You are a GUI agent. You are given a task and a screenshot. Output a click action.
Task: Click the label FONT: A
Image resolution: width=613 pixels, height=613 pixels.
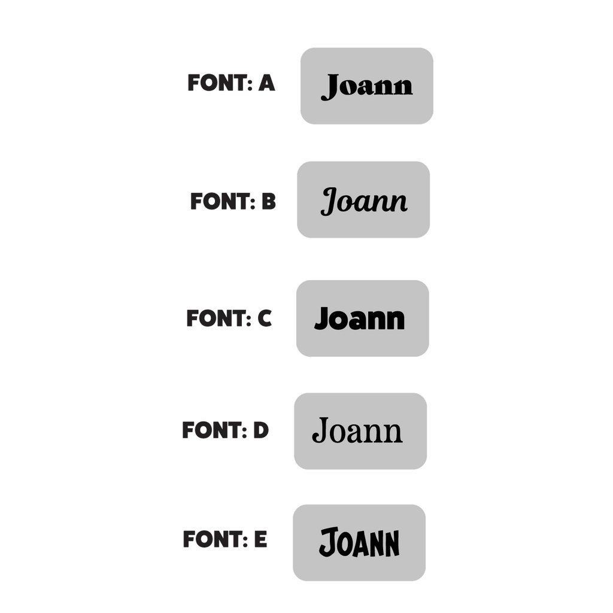click(x=231, y=83)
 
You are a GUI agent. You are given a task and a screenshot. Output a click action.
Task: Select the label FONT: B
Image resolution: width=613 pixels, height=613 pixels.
click(x=233, y=201)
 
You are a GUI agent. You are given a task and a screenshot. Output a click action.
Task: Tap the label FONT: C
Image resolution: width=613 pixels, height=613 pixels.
click(x=229, y=318)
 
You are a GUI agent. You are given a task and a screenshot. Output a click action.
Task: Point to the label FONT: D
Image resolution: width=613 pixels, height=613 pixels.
click(x=225, y=430)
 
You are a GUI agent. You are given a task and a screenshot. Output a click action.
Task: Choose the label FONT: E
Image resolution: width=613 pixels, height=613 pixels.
click(x=225, y=539)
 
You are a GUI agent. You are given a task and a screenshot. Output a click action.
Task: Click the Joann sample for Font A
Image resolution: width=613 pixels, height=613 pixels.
click(x=367, y=87)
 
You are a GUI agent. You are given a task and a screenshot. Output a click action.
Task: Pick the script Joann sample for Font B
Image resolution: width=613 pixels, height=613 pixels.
click(x=363, y=201)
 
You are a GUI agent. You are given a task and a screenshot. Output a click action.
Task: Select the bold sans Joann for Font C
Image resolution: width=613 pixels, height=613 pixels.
click(x=359, y=318)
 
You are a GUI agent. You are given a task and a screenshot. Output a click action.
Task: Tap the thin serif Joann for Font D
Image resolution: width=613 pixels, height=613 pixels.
click(x=357, y=430)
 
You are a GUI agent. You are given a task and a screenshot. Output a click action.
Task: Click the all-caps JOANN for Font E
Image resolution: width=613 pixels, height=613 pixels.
click(x=359, y=542)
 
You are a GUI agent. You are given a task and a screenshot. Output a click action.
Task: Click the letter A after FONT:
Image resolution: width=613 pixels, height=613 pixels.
click(x=266, y=83)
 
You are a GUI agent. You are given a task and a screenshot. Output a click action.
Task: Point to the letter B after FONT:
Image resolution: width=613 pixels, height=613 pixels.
click(x=269, y=201)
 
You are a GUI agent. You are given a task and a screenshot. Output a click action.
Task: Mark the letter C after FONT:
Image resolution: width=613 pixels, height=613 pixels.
click(x=265, y=318)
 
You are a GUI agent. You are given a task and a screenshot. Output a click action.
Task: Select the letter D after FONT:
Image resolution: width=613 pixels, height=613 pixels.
click(x=261, y=430)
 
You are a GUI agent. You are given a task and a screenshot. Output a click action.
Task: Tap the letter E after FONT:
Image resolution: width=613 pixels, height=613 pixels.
click(x=261, y=539)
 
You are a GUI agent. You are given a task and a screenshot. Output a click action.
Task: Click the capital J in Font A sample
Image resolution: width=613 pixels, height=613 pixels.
click(x=330, y=87)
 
